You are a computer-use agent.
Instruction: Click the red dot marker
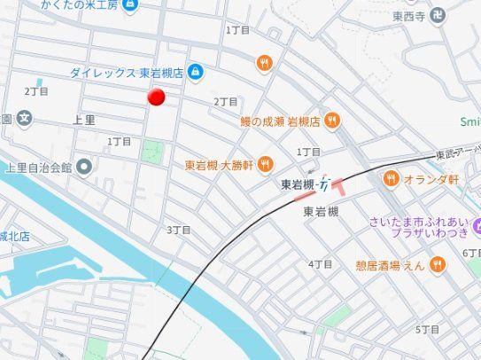(x=156, y=98)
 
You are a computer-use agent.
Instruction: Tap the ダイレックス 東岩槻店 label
(x=127, y=73)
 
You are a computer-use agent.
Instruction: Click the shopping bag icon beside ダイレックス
(x=195, y=73)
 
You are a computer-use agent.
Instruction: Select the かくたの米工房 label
(x=80, y=5)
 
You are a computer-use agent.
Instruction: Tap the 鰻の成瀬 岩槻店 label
(x=279, y=121)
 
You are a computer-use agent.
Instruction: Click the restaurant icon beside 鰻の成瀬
(x=331, y=121)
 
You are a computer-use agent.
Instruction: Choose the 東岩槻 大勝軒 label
(x=220, y=164)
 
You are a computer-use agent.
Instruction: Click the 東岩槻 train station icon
(x=324, y=184)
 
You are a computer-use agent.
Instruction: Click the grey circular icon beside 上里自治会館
(x=84, y=166)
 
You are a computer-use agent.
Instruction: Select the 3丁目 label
(x=178, y=230)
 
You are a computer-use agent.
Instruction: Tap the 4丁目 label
(x=320, y=264)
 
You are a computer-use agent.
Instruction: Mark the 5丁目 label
(x=429, y=329)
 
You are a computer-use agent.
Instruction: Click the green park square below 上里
(x=152, y=151)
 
